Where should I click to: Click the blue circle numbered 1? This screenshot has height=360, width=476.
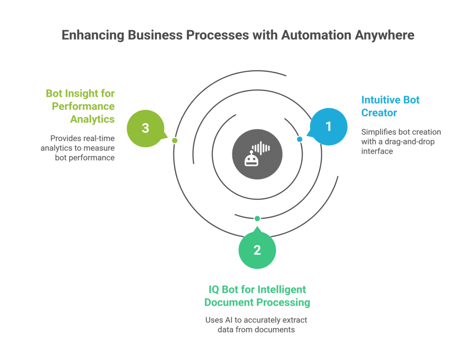pyautogui.click(x=329, y=126)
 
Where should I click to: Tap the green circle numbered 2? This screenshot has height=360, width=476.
pyautogui.click(x=257, y=250)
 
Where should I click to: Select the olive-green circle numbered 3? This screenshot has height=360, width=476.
pyautogui.click(x=145, y=128)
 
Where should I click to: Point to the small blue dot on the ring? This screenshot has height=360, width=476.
pyautogui.click(x=299, y=139)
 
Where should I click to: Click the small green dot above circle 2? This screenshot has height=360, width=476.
pyautogui.click(x=257, y=218)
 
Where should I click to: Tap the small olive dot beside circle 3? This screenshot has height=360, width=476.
pyautogui.click(x=175, y=140)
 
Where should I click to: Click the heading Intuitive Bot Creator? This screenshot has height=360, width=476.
pyautogui.click(x=390, y=106)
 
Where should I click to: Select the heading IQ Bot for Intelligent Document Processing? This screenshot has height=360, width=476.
pyautogui.click(x=257, y=296)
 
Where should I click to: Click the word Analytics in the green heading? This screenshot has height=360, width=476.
pyautogui.click(x=92, y=119)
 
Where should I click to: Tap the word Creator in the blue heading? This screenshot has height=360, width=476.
pyautogui.click(x=379, y=112)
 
